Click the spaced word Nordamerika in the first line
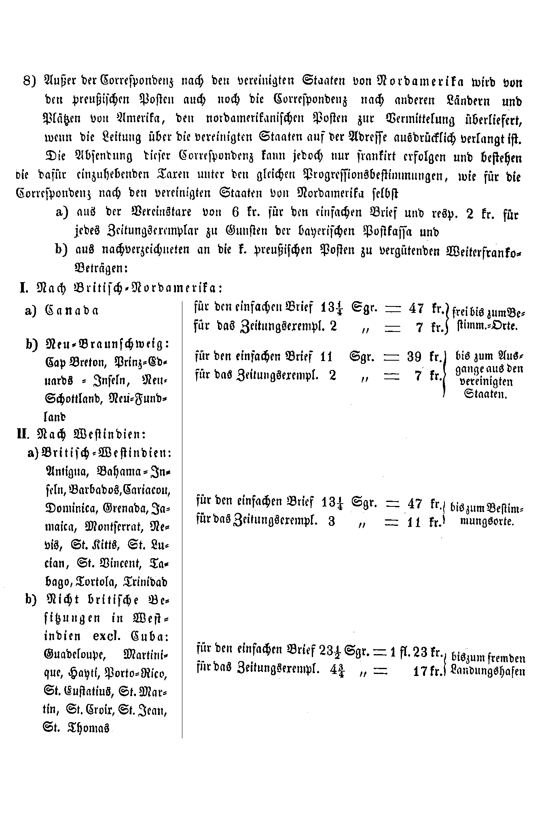[x=421, y=81]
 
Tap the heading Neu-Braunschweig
[x=106, y=344]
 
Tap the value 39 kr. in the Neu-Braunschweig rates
[x=423, y=357]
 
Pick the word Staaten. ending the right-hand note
[x=485, y=394]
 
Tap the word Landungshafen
[x=488, y=672]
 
